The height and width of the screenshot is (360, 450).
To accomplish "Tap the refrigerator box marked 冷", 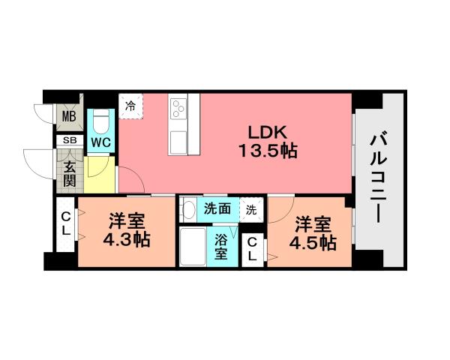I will click(x=130, y=106).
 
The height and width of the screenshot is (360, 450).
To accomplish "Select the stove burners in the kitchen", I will click(x=179, y=109).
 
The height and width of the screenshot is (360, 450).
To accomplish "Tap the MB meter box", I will click(x=69, y=116).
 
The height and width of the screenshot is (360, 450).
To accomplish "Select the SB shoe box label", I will click(x=69, y=140).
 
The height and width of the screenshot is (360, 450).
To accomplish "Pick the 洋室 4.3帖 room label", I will click(x=127, y=231).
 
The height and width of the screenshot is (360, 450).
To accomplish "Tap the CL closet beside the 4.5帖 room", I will click(x=253, y=249).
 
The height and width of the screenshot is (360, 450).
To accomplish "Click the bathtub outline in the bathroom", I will click(x=193, y=247).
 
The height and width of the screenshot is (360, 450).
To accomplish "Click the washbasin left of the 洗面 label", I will click(x=190, y=209).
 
